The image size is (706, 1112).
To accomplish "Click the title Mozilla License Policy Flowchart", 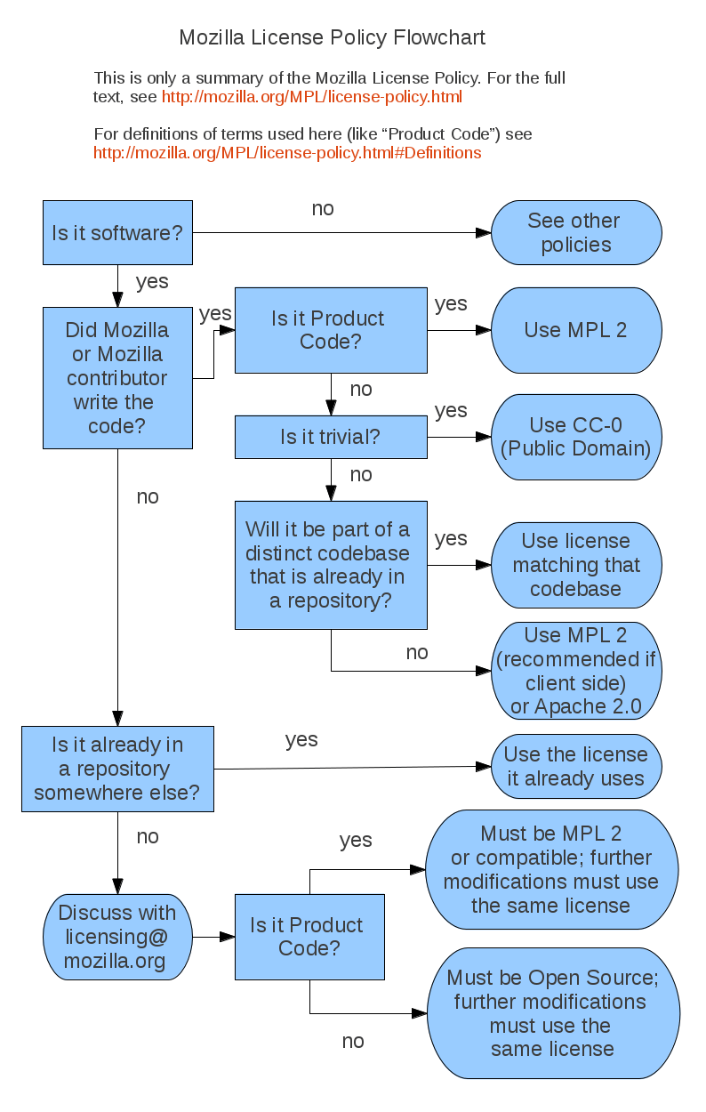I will pos(332,37).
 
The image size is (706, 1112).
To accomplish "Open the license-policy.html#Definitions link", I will pos(287,153).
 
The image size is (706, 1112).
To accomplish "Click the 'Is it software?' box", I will pos(117,233).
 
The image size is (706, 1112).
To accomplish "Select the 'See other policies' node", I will pos(576,233).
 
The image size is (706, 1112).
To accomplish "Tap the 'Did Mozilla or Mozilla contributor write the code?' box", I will pos(117,378).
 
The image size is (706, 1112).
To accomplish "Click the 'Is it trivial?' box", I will pos(331,437).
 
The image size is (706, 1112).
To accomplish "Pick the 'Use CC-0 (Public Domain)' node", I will pos(576,437).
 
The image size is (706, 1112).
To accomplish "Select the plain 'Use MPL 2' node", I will pos(576,330).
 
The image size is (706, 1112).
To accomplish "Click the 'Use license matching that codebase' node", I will pos(576,565).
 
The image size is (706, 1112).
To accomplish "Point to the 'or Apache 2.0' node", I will pos(576,672).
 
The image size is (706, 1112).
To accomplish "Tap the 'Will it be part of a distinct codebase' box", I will pos(331,565).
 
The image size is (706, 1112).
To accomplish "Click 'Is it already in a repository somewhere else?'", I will pos(117,769).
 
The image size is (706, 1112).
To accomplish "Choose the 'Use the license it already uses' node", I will pos(576,767).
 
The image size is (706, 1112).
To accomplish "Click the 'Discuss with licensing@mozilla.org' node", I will pos(117,937).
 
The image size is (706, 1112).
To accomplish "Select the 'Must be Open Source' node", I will pos(552,1013).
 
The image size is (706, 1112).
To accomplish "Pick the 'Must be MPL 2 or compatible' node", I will pos(551,870).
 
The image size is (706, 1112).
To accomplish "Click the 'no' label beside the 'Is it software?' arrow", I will pos(323,209).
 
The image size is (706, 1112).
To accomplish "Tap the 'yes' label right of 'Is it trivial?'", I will pos(451,410).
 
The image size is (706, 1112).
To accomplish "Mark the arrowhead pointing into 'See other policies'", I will pos(483,233).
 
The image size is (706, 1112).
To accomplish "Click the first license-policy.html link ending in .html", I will pos(311,97).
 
